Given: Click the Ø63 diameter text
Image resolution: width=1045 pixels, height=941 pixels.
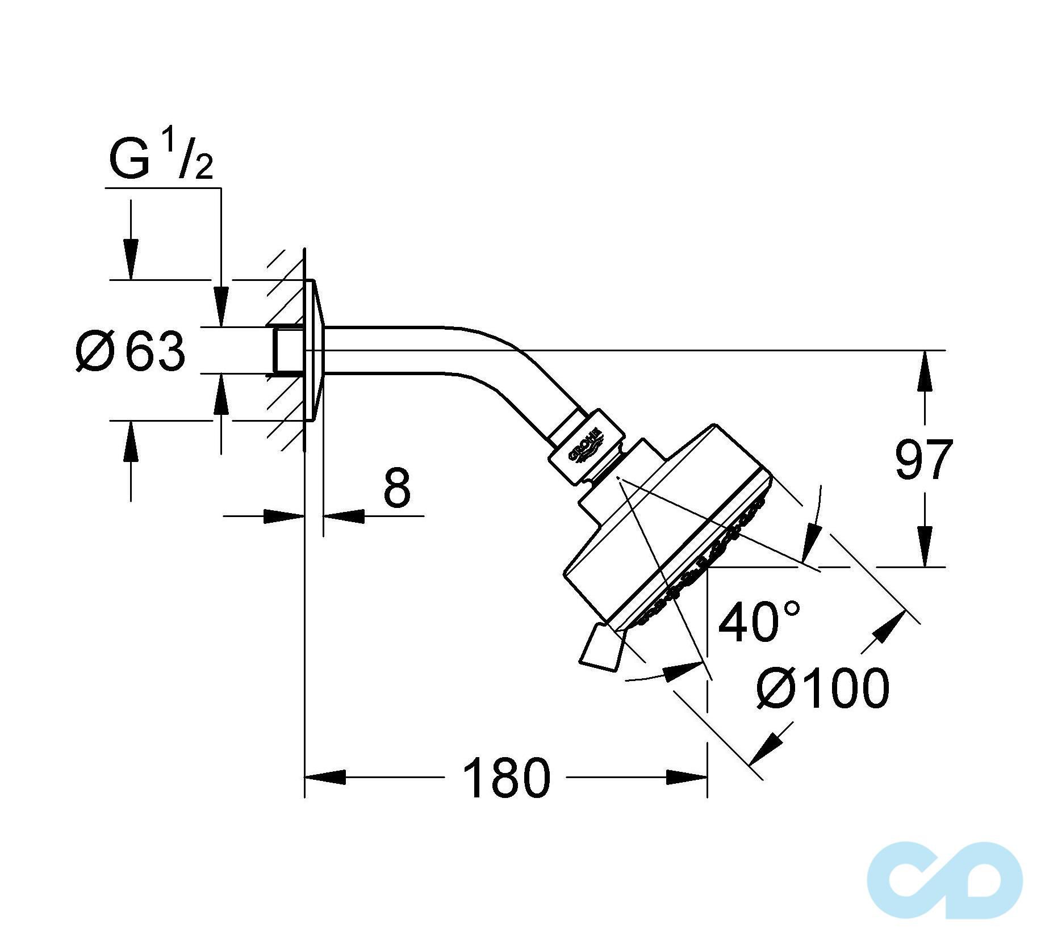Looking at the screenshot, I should tap(131, 352).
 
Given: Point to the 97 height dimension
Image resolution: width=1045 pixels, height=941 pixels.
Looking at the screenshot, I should tap(923, 459).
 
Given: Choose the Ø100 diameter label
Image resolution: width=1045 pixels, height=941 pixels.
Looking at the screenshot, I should tap(822, 688).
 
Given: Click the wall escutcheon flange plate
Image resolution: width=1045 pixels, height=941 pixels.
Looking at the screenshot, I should tap(315, 351).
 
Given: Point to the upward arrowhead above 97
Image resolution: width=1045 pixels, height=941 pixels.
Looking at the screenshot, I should tap(925, 371).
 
